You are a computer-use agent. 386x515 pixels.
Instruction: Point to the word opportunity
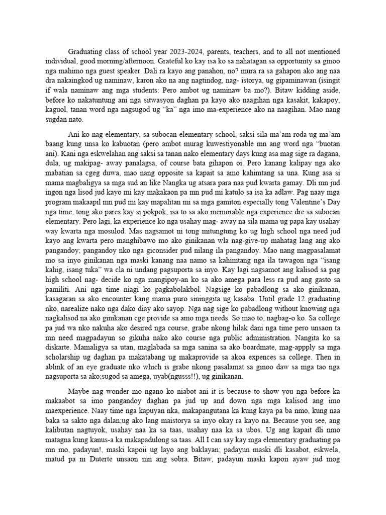tap(305, 62)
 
